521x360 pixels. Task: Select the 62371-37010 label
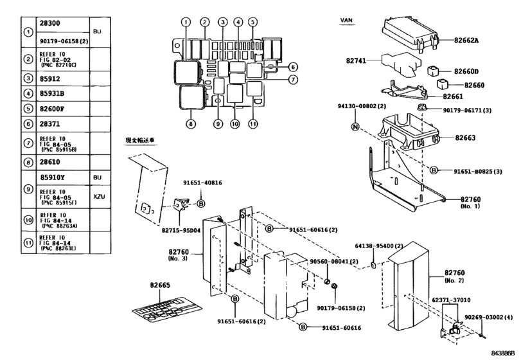464,300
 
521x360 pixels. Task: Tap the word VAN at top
348,21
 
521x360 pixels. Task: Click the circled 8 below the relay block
190,123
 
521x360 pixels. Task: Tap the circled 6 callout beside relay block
292,67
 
